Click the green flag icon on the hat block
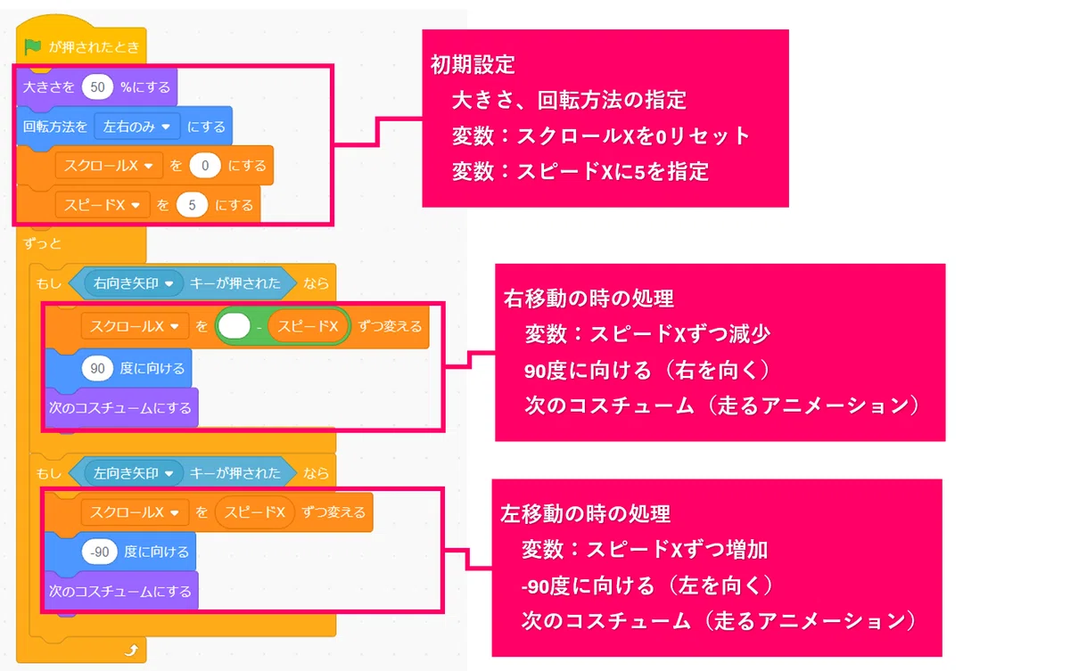click(x=32, y=46)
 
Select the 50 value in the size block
click(x=97, y=86)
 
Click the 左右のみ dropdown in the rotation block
click(x=137, y=127)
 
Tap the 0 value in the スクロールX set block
click(x=205, y=166)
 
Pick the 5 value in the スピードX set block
click(x=192, y=205)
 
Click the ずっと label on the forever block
click(x=43, y=244)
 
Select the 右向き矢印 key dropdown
click(x=133, y=283)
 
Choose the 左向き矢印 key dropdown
click(x=133, y=473)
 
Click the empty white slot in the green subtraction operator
click(x=234, y=326)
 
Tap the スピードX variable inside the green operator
click(x=309, y=326)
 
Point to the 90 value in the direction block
click(x=97, y=368)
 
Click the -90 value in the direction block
click(x=100, y=552)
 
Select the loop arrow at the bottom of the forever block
click(x=132, y=650)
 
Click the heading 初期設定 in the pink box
click(x=473, y=65)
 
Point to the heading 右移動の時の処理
click(x=588, y=299)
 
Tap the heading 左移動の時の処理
click(x=586, y=514)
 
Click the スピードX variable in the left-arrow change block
click(x=255, y=512)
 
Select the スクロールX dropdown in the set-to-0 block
click(x=109, y=166)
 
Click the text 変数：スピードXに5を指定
click(x=580, y=172)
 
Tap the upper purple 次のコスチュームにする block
click(x=121, y=408)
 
